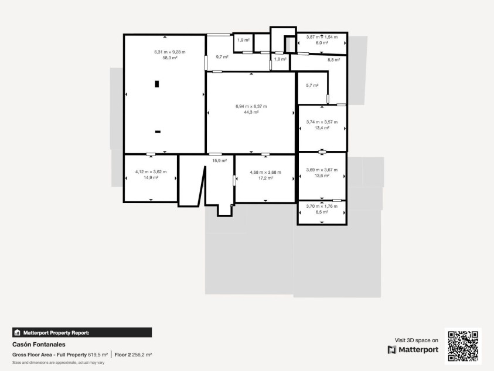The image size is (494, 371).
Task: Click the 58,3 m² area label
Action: tap(170, 58)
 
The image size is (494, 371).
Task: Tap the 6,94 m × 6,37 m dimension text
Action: tap(251, 106)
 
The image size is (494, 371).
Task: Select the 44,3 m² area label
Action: tap(251, 112)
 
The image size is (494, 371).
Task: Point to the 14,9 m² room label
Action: tap(151, 178)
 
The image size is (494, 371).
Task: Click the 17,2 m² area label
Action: tap(265, 178)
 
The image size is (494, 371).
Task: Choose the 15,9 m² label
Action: tap(219, 161)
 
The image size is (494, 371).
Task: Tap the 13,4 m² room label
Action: tap(322, 128)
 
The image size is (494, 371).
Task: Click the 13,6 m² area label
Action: tap(322, 176)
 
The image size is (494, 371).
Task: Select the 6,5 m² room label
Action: tap(322, 212)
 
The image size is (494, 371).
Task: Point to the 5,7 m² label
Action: tap(312, 85)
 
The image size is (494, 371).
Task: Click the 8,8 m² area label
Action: tap(333, 60)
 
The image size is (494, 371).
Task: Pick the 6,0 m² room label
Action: tap(322, 43)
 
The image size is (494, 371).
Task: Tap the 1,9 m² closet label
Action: tap(243, 40)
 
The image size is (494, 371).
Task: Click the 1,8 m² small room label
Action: tap(280, 59)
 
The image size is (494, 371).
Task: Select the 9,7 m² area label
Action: tap(222, 57)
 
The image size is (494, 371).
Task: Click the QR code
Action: tap(463, 346)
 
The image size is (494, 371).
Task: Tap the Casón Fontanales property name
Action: tap(39, 345)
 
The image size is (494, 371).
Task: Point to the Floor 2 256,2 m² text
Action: tap(133, 355)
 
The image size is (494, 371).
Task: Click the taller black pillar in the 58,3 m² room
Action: tap(156, 84)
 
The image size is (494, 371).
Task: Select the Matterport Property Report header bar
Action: tap(82, 332)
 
